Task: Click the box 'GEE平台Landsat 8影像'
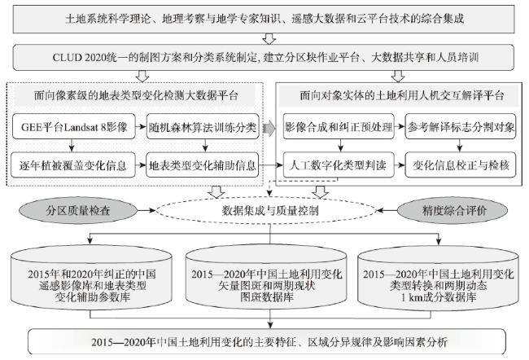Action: coord(74,126)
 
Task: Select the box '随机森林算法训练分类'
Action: coord(203,126)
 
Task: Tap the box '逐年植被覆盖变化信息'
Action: coord(73,165)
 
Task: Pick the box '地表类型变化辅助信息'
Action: coord(203,165)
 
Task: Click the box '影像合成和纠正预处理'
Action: coord(339,126)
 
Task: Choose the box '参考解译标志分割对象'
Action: coord(461,126)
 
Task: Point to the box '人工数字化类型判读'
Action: coord(339,165)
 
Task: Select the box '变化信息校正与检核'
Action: coord(461,165)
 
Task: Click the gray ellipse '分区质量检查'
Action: coord(78,210)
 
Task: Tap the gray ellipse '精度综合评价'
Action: coord(452,210)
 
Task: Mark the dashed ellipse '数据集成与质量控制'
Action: coord(266,210)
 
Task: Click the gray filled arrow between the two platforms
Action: coord(269,128)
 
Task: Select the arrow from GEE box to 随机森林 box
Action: coord(141,127)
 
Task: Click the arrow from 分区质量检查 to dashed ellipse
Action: coord(146,210)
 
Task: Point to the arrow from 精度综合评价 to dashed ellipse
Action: coord(387,210)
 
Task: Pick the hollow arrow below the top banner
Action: coord(269,38)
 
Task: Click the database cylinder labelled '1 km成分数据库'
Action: coord(438,278)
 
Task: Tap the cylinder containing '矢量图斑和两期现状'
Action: coord(266,278)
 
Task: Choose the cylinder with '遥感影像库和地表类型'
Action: coord(91,278)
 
